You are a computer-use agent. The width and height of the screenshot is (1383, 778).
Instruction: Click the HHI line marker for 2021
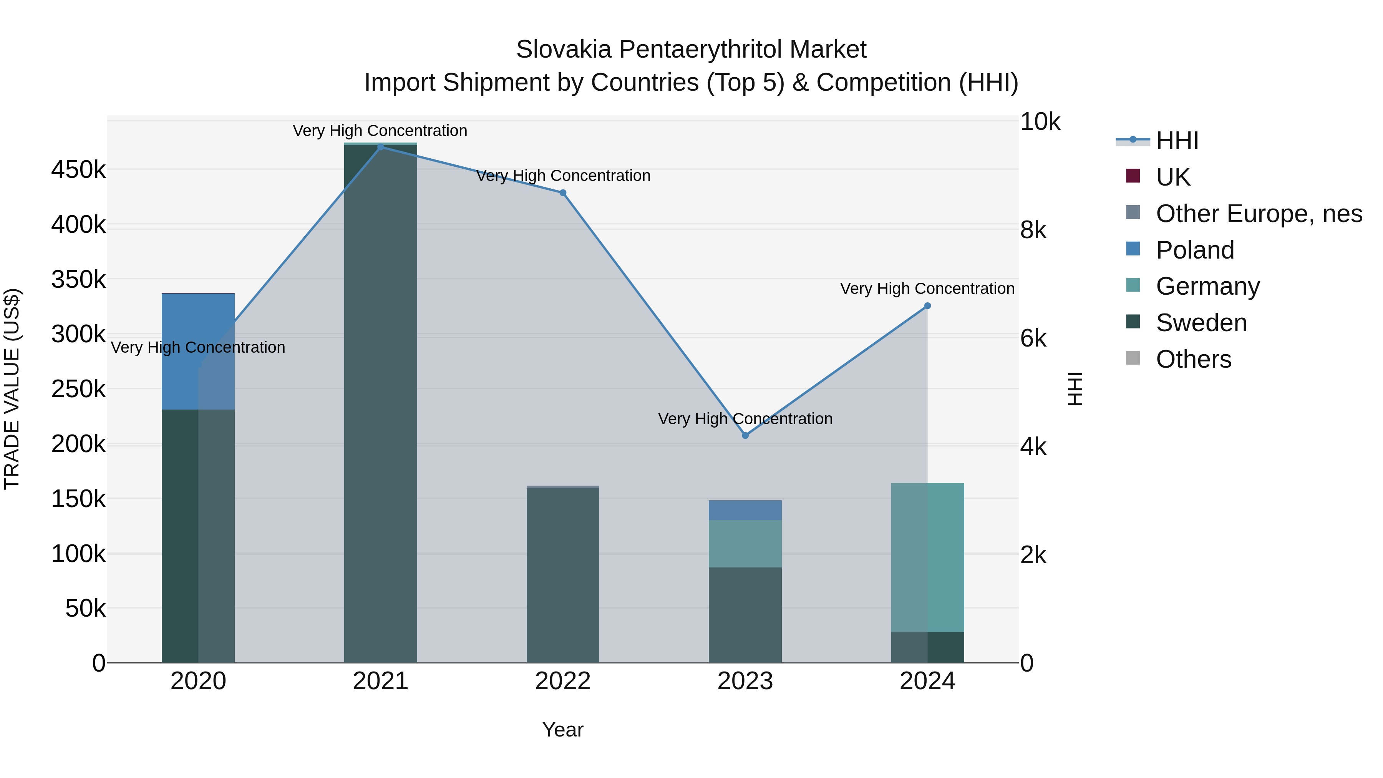pos(381,147)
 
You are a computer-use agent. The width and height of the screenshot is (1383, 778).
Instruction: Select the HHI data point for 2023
pos(745,435)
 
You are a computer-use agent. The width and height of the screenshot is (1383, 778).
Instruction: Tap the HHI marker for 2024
pos(927,306)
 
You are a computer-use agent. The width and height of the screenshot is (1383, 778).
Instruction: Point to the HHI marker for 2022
pos(563,193)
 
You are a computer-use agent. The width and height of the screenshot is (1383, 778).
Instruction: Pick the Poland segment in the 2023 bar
pos(745,510)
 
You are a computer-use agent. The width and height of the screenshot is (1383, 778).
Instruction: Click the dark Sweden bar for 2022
pos(563,574)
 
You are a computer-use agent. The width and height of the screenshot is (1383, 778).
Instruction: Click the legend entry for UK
pos(1173,177)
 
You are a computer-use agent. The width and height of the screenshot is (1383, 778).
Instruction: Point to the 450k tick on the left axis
pos(78,170)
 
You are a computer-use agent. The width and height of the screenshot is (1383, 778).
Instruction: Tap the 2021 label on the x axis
pos(381,681)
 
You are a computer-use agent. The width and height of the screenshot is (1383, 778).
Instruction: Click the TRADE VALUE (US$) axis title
pos(12,389)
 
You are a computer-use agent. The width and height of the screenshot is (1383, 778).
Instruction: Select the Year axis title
pos(563,730)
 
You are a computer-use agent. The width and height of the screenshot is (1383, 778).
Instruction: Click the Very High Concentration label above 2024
pos(927,289)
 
